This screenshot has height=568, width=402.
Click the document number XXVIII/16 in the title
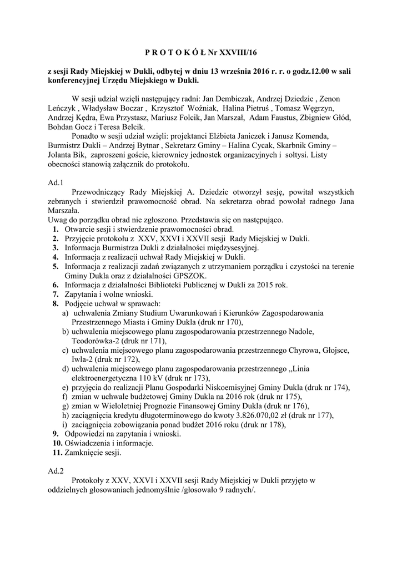(240, 53)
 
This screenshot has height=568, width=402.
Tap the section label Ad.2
(56, 470)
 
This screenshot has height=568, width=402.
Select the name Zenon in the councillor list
(338, 98)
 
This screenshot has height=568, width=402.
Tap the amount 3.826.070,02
(259, 415)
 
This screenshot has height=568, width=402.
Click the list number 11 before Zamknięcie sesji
(57, 453)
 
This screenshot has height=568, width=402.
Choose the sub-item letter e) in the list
(66, 387)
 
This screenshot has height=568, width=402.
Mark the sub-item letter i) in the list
(66, 424)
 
